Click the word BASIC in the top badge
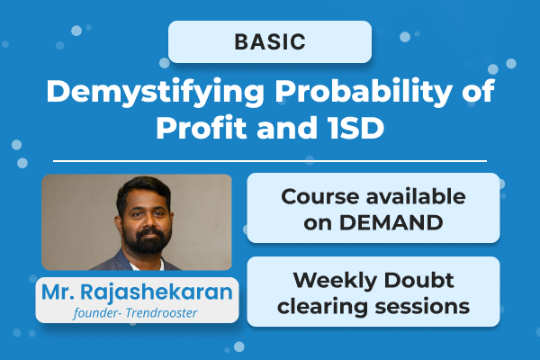click(270, 41)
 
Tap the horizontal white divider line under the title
click(270, 161)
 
